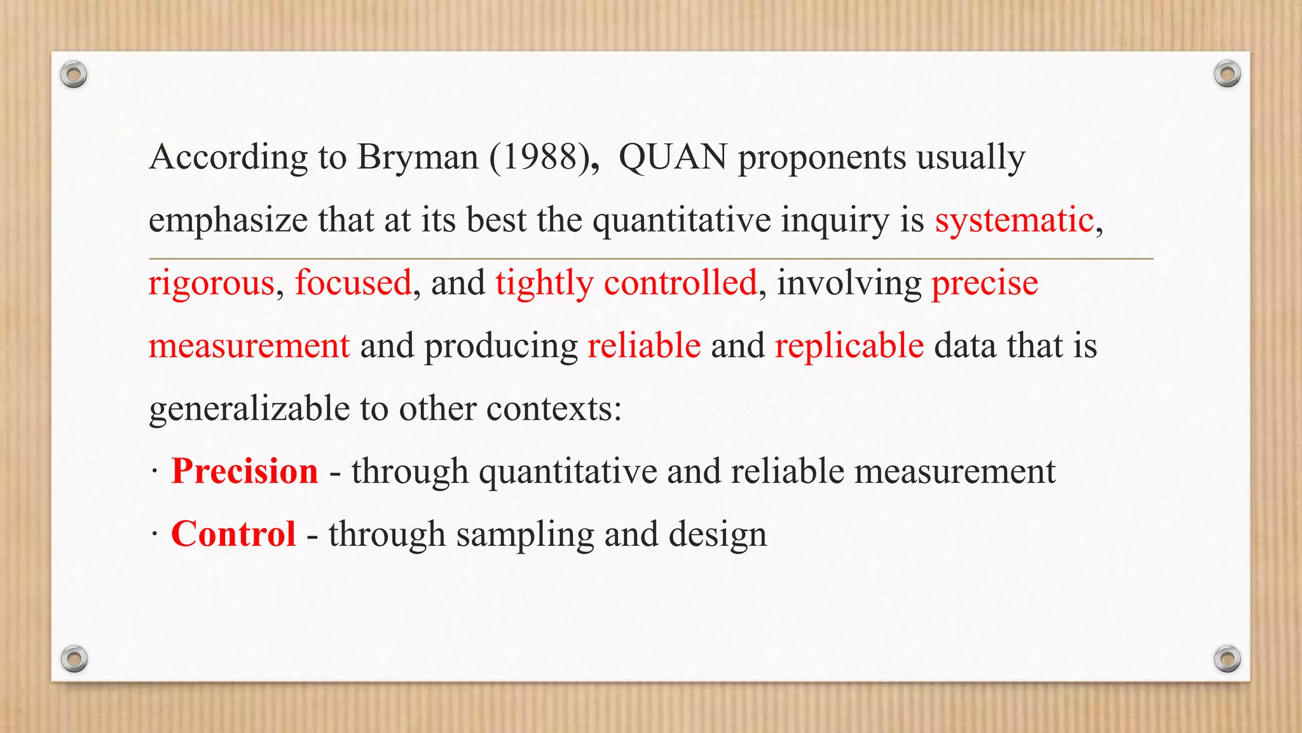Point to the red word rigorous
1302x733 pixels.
point(211,283)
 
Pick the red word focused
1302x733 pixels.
point(353,283)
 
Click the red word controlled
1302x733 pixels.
point(680,283)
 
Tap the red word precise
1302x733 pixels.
point(985,283)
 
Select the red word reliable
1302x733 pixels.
point(644,346)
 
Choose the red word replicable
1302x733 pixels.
point(849,346)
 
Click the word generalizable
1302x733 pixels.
point(249,408)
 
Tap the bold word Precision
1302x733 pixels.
point(245,471)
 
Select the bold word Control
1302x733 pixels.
point(233,534)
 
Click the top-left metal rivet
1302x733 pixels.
point(74,75)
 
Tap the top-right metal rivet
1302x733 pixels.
point(1227,74)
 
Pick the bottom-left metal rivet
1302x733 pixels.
point(74,659)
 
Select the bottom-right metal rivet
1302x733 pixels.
point(1227,659)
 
